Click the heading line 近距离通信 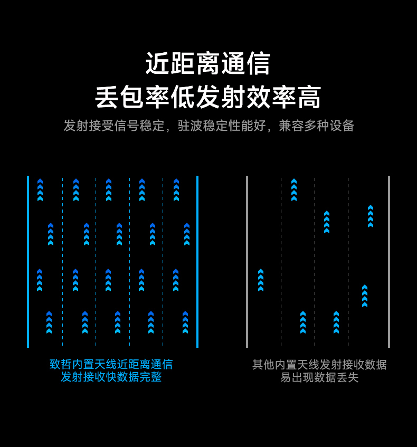pyautogui.click(x=208, y=64)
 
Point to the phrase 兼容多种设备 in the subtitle pyautogui.click(x=317, y=126)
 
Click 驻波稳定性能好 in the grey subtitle pyautogui.click(x=222, y=126)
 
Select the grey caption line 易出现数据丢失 pyautogui.click(x=319, y=377)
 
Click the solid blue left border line pyautogui.click(x=28, y=262)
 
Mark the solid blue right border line pyautogui.click(x=197, y=262)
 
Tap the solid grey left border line pyautogui.click(x=247, y=262)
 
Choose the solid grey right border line pyautogui.click(x=389, y=262)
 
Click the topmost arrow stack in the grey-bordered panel pyautogui.click(x=294, y=190)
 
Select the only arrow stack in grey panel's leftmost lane pyautogui.click(x=261, y=280)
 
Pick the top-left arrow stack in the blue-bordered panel pyautogui.click(x=40, y=190)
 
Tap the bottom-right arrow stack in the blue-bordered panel pyautogui.click(x=185, y=322)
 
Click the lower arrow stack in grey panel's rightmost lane pyautogui.click(x=365, y=296)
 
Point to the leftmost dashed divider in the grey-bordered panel pyautogui.click(x=281, y=262)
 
